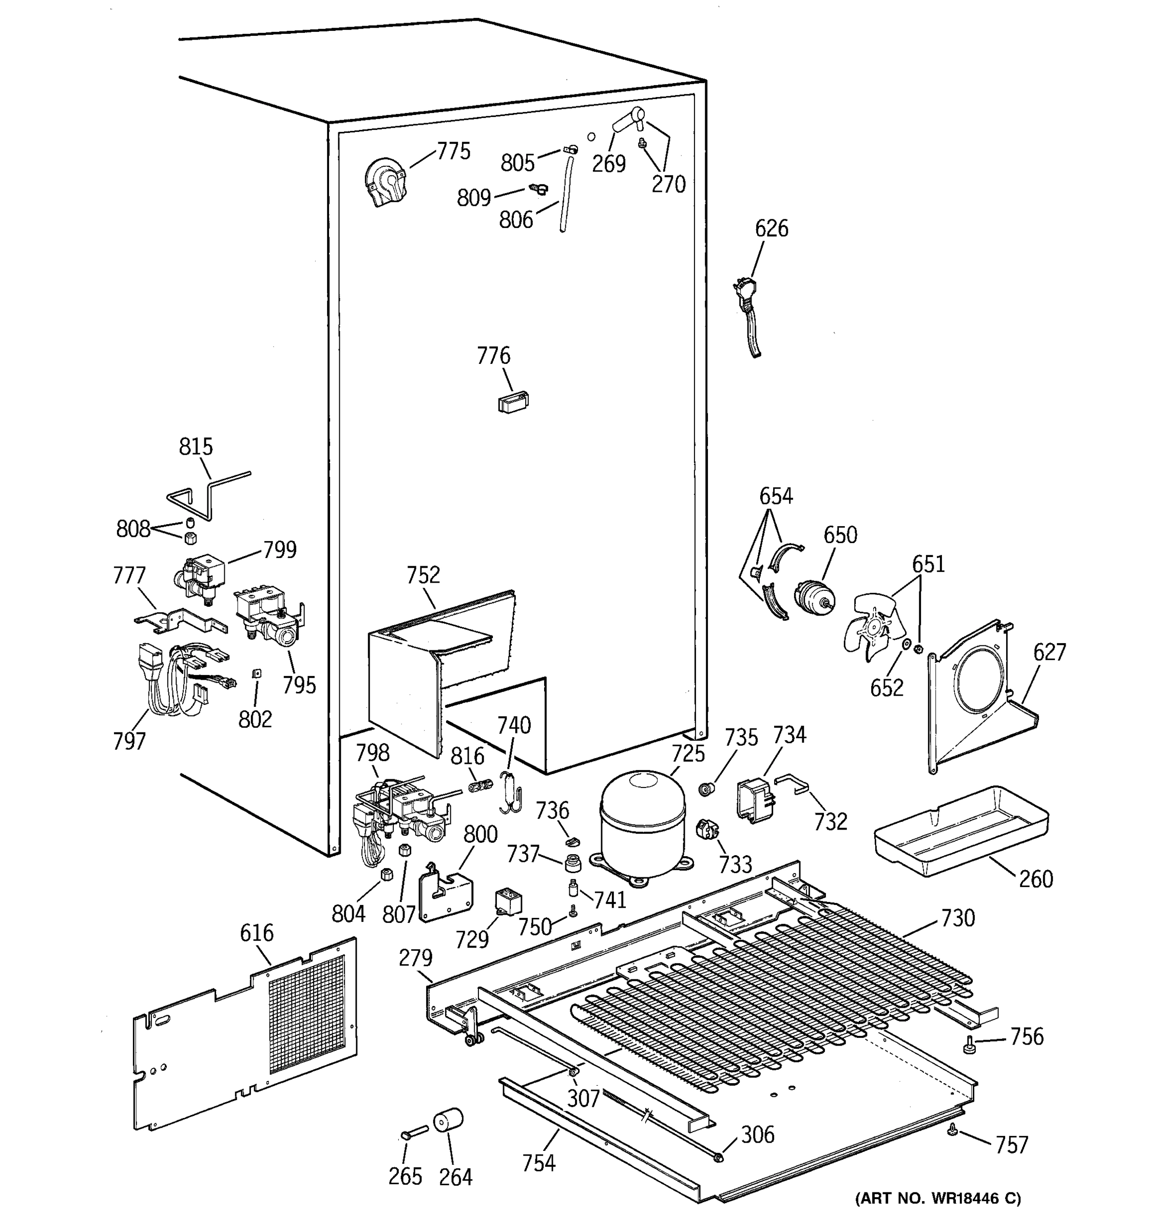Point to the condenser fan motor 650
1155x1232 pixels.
click(814, 598)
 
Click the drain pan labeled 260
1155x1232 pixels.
click(960, 831)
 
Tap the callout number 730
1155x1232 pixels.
click(957, 918)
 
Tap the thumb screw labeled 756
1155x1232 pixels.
click(968, 1047)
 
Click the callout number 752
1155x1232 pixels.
click(423, 574)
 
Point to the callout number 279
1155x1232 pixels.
click(415, 958)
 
